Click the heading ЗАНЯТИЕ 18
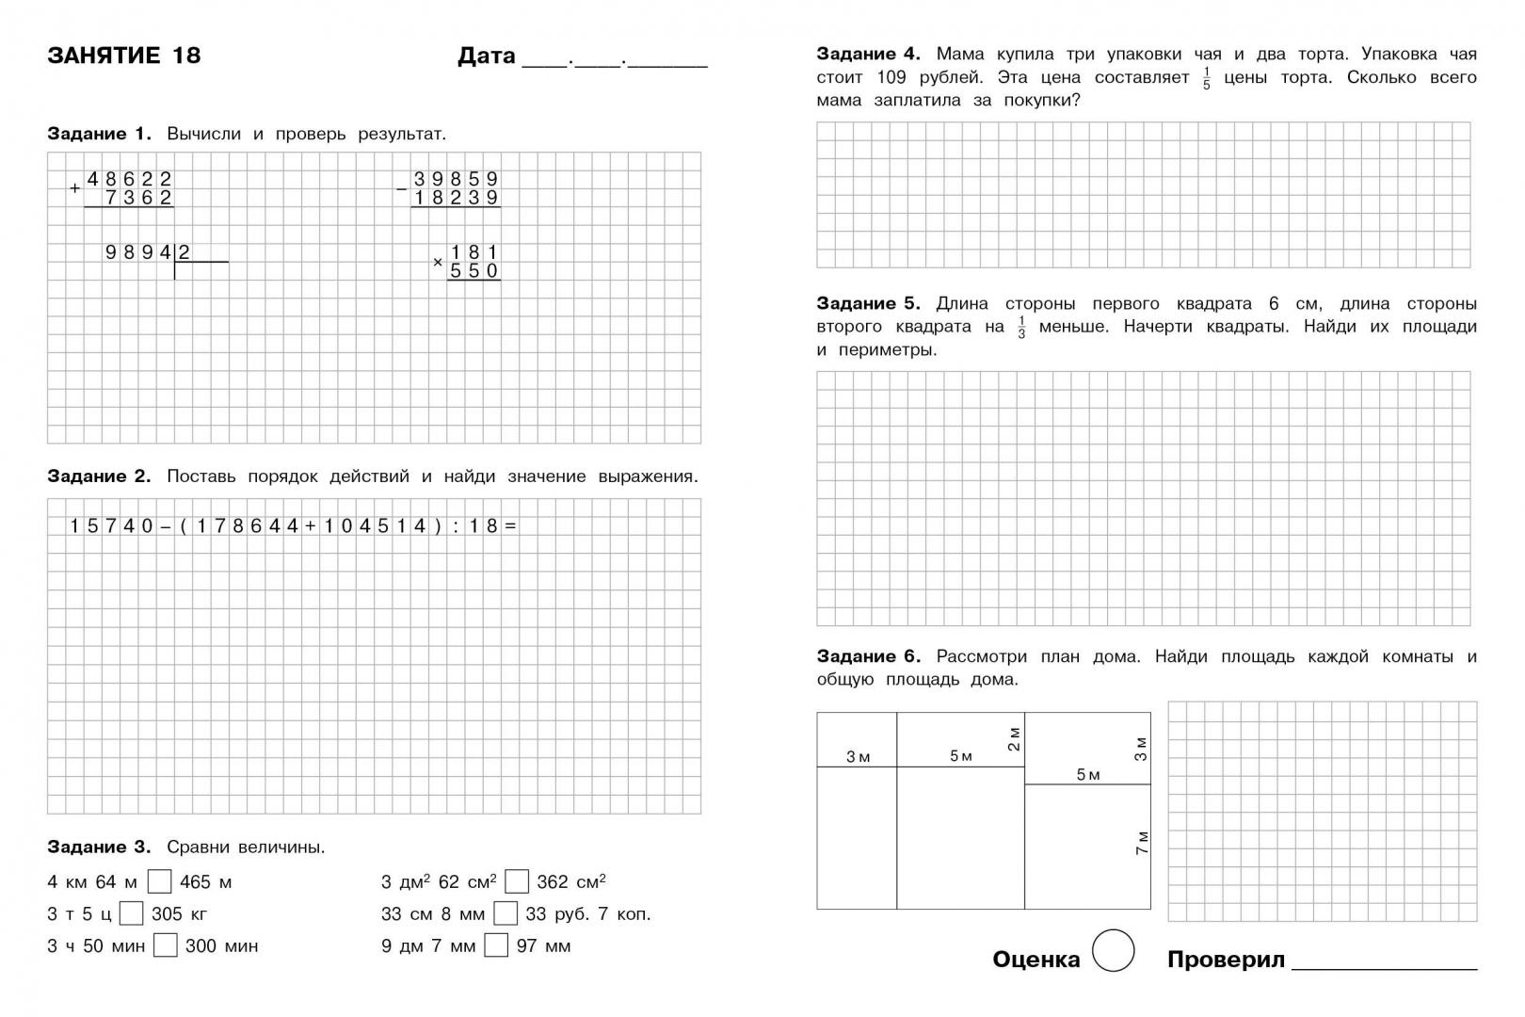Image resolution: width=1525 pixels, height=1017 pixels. [x=123, y=56]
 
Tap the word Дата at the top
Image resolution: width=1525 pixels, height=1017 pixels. [x=487, y=56]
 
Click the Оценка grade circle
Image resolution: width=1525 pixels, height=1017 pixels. [x=1114, y=951]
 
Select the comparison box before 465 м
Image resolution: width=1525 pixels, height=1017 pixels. [x=160, y=881]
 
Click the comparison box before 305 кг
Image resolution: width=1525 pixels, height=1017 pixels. [x=132, y=913]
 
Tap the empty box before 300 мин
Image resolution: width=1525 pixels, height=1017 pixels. [x=166, y=945]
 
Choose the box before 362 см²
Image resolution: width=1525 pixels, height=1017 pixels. [x=517, y=881]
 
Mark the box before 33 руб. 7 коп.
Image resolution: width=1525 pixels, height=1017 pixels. [x=506, y=913]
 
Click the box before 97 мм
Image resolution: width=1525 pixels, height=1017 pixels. [x=496, y=945]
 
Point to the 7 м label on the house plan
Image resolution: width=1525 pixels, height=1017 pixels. [x=1142, y=842]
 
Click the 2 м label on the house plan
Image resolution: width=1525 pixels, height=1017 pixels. [x=1013, y=739]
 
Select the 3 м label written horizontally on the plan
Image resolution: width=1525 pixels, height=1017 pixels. [x=858, y=757]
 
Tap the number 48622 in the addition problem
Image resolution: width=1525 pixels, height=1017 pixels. [x=130, y=179]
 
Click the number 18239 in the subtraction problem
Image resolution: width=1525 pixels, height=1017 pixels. [x=456, y=198]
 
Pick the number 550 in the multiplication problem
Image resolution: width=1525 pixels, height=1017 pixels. [x=474, y=271]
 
